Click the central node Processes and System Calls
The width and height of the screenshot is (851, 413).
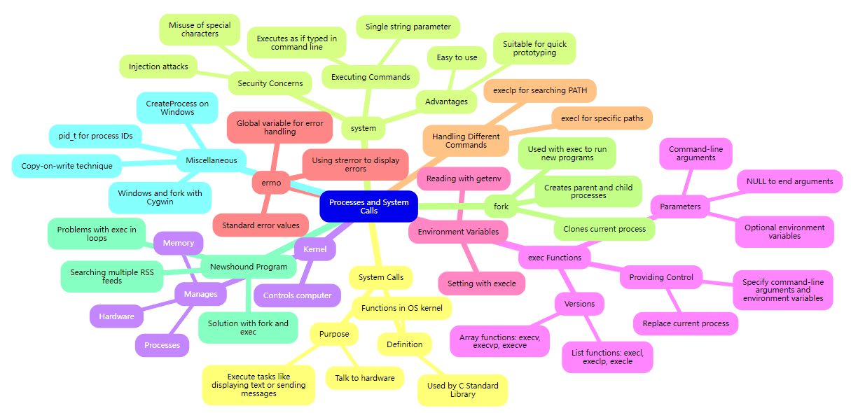368,206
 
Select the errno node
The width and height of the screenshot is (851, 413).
271,183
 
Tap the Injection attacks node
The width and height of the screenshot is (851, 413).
158,66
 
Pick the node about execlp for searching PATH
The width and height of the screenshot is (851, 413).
540,90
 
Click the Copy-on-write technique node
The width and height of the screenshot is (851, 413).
67,166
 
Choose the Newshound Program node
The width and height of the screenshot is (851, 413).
248,266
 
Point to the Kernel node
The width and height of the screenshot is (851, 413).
315,249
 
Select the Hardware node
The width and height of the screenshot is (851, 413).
116,316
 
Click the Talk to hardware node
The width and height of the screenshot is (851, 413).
364,378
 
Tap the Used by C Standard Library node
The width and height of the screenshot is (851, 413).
462,390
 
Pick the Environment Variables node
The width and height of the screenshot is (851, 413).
458,231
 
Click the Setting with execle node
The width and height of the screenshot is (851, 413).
481,283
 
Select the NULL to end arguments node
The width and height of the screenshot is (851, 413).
789,181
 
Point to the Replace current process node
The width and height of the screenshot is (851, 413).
686,323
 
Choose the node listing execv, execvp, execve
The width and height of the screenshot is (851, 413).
499,341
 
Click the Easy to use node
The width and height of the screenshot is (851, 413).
457,57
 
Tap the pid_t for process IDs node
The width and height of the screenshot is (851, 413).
96,135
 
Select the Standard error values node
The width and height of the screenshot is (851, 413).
261,225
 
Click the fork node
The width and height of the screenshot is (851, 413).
501,206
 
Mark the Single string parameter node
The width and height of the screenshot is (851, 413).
408,27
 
